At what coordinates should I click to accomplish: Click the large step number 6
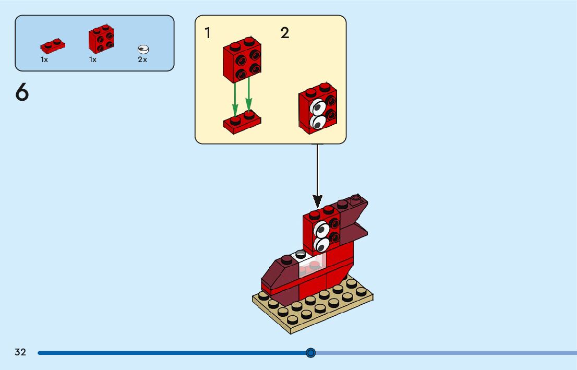coord(22,93)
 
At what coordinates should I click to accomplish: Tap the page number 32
coord(20,352)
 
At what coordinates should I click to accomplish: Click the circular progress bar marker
coord(311,353)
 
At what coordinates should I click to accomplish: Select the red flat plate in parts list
coord(53,46)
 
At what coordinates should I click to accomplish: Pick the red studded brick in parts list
coord(101,39)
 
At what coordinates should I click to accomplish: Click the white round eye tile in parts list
coord(143,49)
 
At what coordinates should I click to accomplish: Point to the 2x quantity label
coord(142,59)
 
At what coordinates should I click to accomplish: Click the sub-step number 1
coord(208,33)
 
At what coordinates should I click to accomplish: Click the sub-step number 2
coord(285,33)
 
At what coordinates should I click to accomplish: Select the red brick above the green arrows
coord(242,59)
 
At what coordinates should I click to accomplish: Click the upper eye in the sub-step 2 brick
coord(317,108)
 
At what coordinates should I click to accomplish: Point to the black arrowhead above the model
coord(317,200)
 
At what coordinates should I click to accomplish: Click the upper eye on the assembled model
coord(321,230)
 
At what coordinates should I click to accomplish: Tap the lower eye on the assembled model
coord(322,244)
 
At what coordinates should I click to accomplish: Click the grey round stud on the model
coord(300,254)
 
